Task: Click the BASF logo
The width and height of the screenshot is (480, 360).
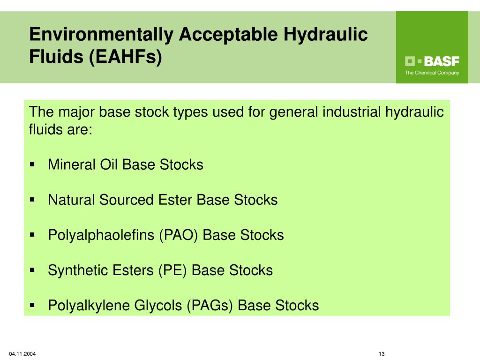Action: pos(432,61)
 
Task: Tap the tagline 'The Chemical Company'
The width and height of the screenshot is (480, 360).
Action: pos(432,73)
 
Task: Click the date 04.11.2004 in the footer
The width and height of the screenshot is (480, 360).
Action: pos(22,353)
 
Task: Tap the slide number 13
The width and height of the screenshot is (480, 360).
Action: pos(381,353)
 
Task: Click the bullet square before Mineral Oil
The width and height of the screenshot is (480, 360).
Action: pos(32,165)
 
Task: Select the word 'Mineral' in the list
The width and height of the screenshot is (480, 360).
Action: pos(72,165)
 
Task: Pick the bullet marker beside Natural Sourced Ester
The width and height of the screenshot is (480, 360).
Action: pos(32,200)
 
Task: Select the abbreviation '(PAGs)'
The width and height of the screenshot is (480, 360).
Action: pos(210,306)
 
